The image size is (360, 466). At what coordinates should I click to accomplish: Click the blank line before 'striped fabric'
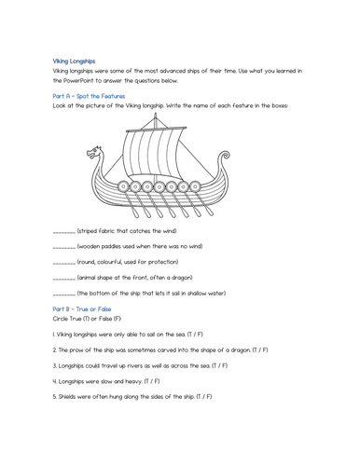(x=63, y=232)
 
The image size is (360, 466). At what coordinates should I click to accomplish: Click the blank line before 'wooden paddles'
(x=63, y=249)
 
